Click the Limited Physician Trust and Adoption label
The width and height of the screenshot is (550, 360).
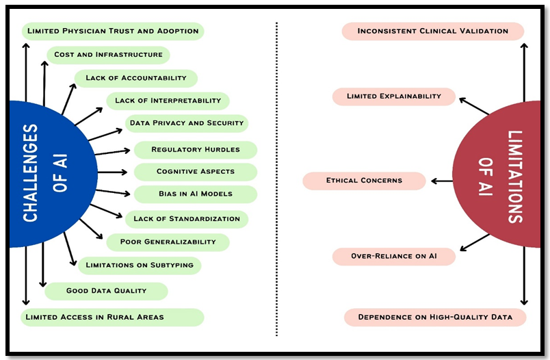113,31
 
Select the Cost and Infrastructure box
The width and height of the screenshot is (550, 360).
108,55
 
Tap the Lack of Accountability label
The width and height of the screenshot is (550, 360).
135,78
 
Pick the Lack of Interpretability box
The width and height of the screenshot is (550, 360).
168,101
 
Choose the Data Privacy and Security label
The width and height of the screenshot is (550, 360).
186,123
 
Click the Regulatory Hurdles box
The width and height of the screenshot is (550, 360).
195,149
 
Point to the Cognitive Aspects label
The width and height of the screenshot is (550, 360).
195,172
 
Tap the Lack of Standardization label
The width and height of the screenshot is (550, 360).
186,219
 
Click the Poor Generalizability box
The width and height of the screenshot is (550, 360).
168,242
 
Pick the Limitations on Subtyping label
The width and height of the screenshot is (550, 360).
140,265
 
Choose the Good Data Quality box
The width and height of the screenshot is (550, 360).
106,291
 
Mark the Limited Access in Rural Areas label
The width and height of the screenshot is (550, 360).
113,317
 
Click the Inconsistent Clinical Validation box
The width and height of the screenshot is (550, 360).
432,31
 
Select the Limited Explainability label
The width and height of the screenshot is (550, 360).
394,97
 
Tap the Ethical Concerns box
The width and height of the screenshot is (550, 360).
364,181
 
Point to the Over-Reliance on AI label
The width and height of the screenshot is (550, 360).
394,257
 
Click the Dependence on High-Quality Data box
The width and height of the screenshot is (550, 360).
435,317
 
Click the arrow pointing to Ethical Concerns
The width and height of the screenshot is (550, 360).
440,181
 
